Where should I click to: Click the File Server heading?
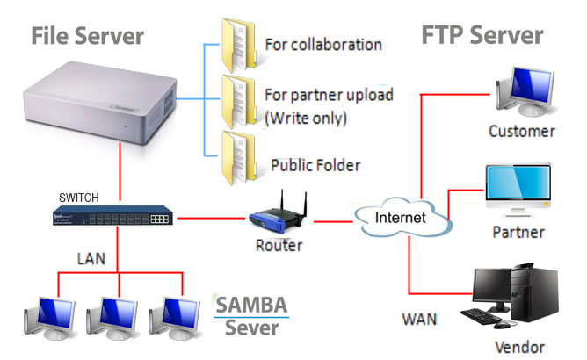coord(87,37)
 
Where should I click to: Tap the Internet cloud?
coord(400,216)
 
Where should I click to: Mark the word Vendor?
coord(519,346)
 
